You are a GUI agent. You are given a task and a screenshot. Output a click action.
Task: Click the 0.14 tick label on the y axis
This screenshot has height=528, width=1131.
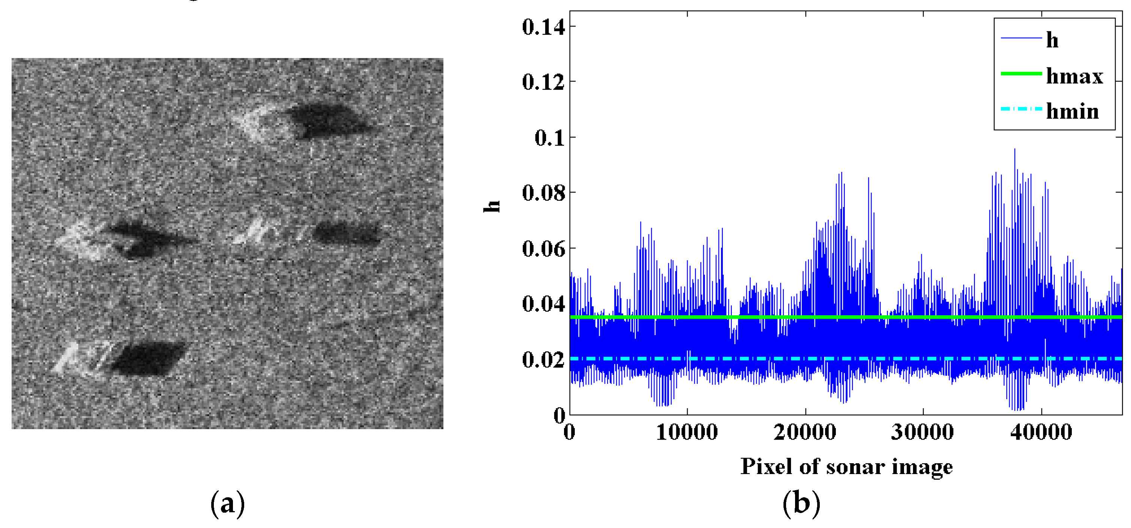tap(543, 27)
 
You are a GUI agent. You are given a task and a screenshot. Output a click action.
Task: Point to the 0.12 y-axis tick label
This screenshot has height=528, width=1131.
tap(543, 82)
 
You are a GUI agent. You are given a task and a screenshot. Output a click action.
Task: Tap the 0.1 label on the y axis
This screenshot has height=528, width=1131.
tap(549, 138)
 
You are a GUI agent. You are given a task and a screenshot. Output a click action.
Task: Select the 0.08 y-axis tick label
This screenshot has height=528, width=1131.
tap(543, 193)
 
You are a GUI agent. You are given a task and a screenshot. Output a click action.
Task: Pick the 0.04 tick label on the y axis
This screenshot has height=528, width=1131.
tap(543, 304)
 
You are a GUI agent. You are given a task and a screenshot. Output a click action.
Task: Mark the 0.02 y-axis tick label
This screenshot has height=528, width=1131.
tap(543, 359)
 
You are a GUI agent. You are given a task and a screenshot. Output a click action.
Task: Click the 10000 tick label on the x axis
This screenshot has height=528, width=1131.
tap(687, 432)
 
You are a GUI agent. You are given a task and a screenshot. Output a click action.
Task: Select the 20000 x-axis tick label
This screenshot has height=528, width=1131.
tap(805, 432)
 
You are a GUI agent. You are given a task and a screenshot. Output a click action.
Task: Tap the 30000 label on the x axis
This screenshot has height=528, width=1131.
tap(922, 432)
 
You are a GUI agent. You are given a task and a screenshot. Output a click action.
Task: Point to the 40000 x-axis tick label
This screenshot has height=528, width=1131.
tap(1041, 432)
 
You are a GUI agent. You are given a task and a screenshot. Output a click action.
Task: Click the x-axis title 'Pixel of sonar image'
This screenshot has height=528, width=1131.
tap(846, 467)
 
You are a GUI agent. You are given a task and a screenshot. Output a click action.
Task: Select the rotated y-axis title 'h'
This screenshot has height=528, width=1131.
tap(492, 206)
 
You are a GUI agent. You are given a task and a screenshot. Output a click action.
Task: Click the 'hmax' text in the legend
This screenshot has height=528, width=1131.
tap(1074, 76)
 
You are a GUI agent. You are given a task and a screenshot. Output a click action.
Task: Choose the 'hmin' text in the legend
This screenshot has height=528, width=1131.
tap(1072, 112)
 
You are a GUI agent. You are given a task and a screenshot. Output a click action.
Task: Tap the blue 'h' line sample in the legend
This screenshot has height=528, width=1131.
tap(1021, 39)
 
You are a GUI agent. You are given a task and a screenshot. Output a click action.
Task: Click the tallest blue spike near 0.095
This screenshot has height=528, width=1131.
tap(1014, 150)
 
